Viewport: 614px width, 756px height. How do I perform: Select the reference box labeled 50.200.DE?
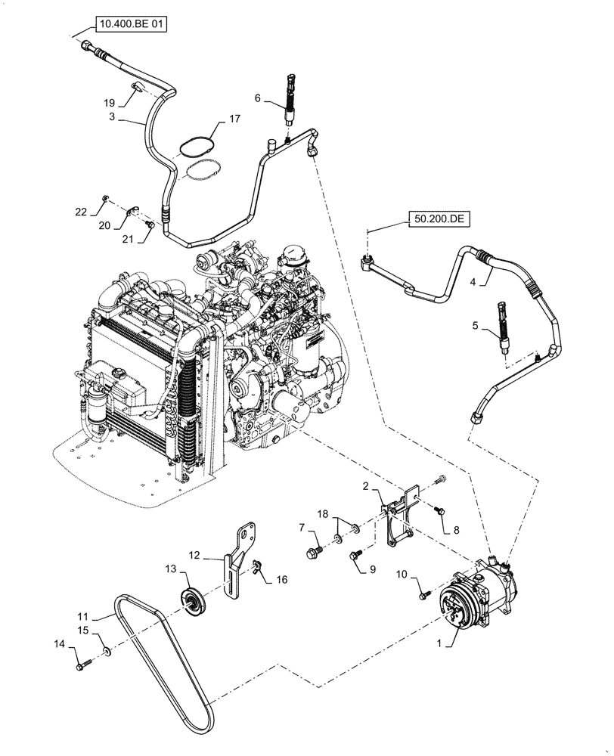(441, 219)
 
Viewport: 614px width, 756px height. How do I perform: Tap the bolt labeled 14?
(81, 666)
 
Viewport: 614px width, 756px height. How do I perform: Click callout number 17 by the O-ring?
(234, 119)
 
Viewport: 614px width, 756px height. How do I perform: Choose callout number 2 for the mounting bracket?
(364, 486)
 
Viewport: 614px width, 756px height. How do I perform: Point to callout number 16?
(282, 580)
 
